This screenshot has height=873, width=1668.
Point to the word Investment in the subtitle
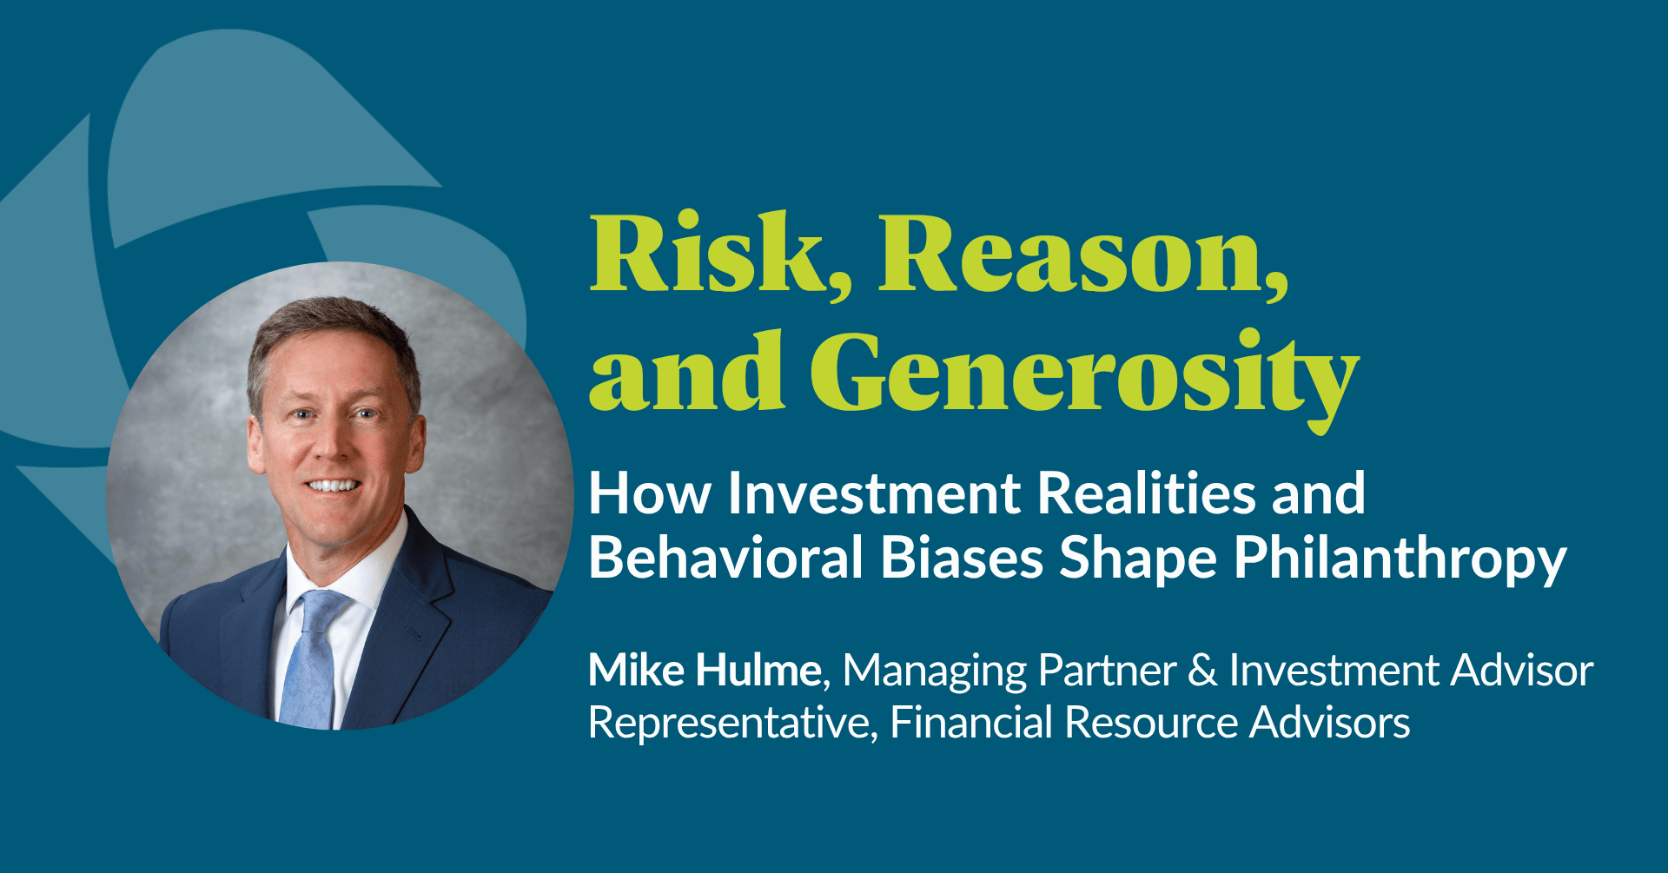875,493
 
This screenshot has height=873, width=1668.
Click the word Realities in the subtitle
1147,493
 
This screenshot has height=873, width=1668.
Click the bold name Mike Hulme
705,671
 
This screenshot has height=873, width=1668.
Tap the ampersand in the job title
1202,671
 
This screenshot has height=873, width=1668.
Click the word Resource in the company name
1152,723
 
